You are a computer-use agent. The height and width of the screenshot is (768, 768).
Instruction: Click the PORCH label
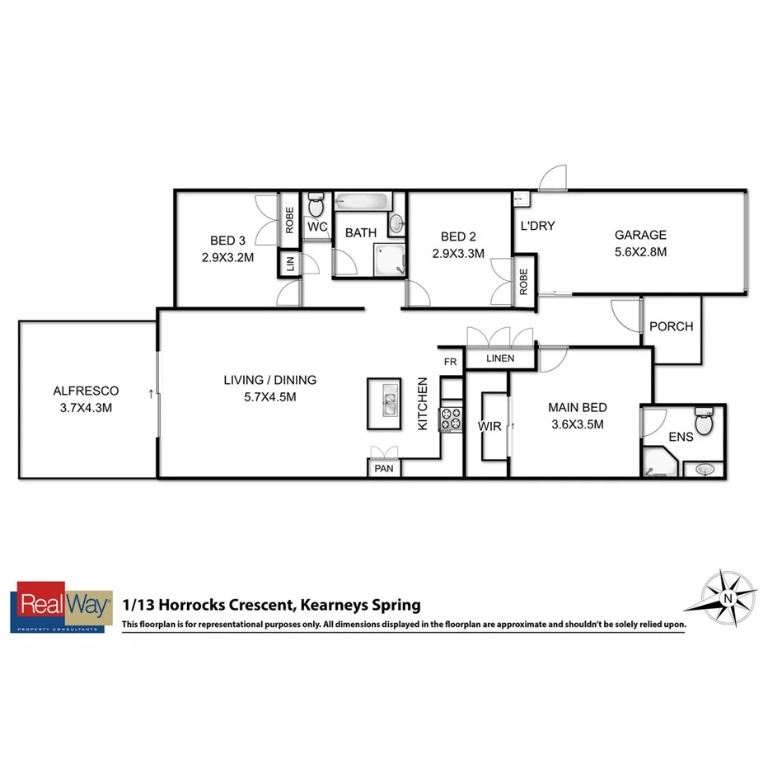pyautogui.click(x=671, y=326)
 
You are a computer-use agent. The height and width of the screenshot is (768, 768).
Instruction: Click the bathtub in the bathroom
pyautogui.click(x=363, y=202)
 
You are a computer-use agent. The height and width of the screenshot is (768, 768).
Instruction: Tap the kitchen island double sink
pyautogui.click(x=384, y=404)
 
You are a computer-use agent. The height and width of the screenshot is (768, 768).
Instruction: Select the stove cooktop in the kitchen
pyautogui.click(x=452, y=419)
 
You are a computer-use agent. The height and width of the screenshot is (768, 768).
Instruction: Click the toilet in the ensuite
pyautogui.click(x=704, y=421)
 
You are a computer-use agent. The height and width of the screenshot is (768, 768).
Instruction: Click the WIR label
pyautogui.click(x=489, y=426)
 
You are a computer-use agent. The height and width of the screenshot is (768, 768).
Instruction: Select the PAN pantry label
pyautogui.click(x=384, y=469)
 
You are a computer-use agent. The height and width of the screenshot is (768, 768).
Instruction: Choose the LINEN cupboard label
pyautogui.click(x=499, y=358)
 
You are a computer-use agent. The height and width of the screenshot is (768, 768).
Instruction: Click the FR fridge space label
pyautogui.click(x=450, y=362)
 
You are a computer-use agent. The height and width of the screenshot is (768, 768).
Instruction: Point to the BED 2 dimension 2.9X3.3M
pyautogui.click(x=457, y=254)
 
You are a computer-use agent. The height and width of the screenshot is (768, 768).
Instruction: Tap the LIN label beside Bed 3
pyautogui.click(x=290, y=264)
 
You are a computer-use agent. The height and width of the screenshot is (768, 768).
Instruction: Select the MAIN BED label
pyautogui.click(x=578, y=407)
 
